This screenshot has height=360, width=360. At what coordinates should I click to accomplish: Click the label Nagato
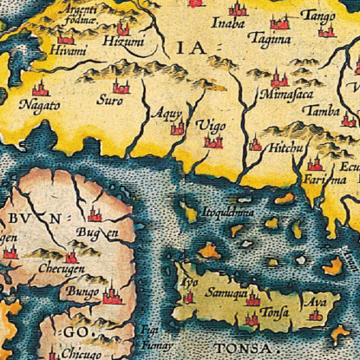coord(40,106)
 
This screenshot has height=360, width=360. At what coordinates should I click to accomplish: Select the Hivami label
coord(67,52)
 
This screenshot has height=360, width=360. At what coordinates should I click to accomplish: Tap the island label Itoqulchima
coord(228,210)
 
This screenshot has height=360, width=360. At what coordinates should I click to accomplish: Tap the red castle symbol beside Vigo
coord(212,140)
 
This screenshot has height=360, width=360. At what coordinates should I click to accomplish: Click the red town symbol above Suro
coord(120,86)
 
